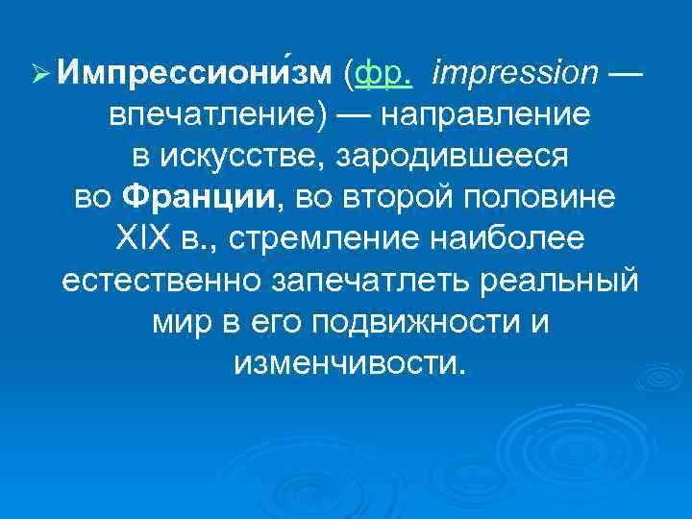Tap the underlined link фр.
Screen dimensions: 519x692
(383, 73)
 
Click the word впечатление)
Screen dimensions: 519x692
(215, 115)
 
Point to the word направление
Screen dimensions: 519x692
(485, 115)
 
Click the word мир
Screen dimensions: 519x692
(179, 324)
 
